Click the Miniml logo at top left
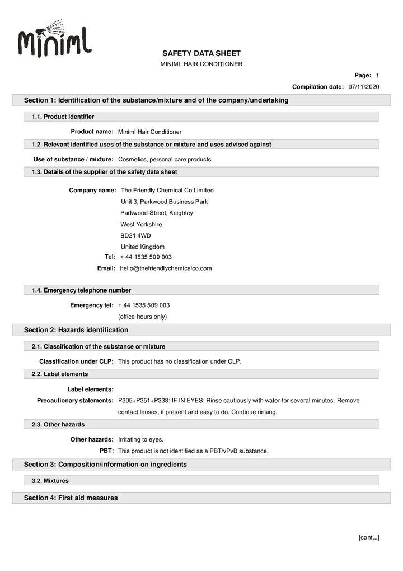[x=54, y=41]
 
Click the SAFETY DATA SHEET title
[x=201, y=53]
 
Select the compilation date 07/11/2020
[x=364, y=87]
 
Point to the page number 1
[x=378, y=75]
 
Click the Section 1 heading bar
[x=156, y=100]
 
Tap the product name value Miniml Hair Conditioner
[x=150, y=132]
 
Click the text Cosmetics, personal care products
[x=165, y=159]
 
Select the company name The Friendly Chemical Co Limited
[x=167, y=190]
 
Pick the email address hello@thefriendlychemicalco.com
[x=166, y=268]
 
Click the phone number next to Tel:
[x=146, y=257]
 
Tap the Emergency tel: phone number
[x=144, y=305]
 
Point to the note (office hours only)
[x=142, y=317]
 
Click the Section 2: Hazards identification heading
[x=76, y=330]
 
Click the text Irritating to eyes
[x=141, y=439]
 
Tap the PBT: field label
[x=106, y=451]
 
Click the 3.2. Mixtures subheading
[x=50, y=481]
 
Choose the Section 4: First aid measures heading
[x=71, y=498]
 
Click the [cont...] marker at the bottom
[x=369, y=537]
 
